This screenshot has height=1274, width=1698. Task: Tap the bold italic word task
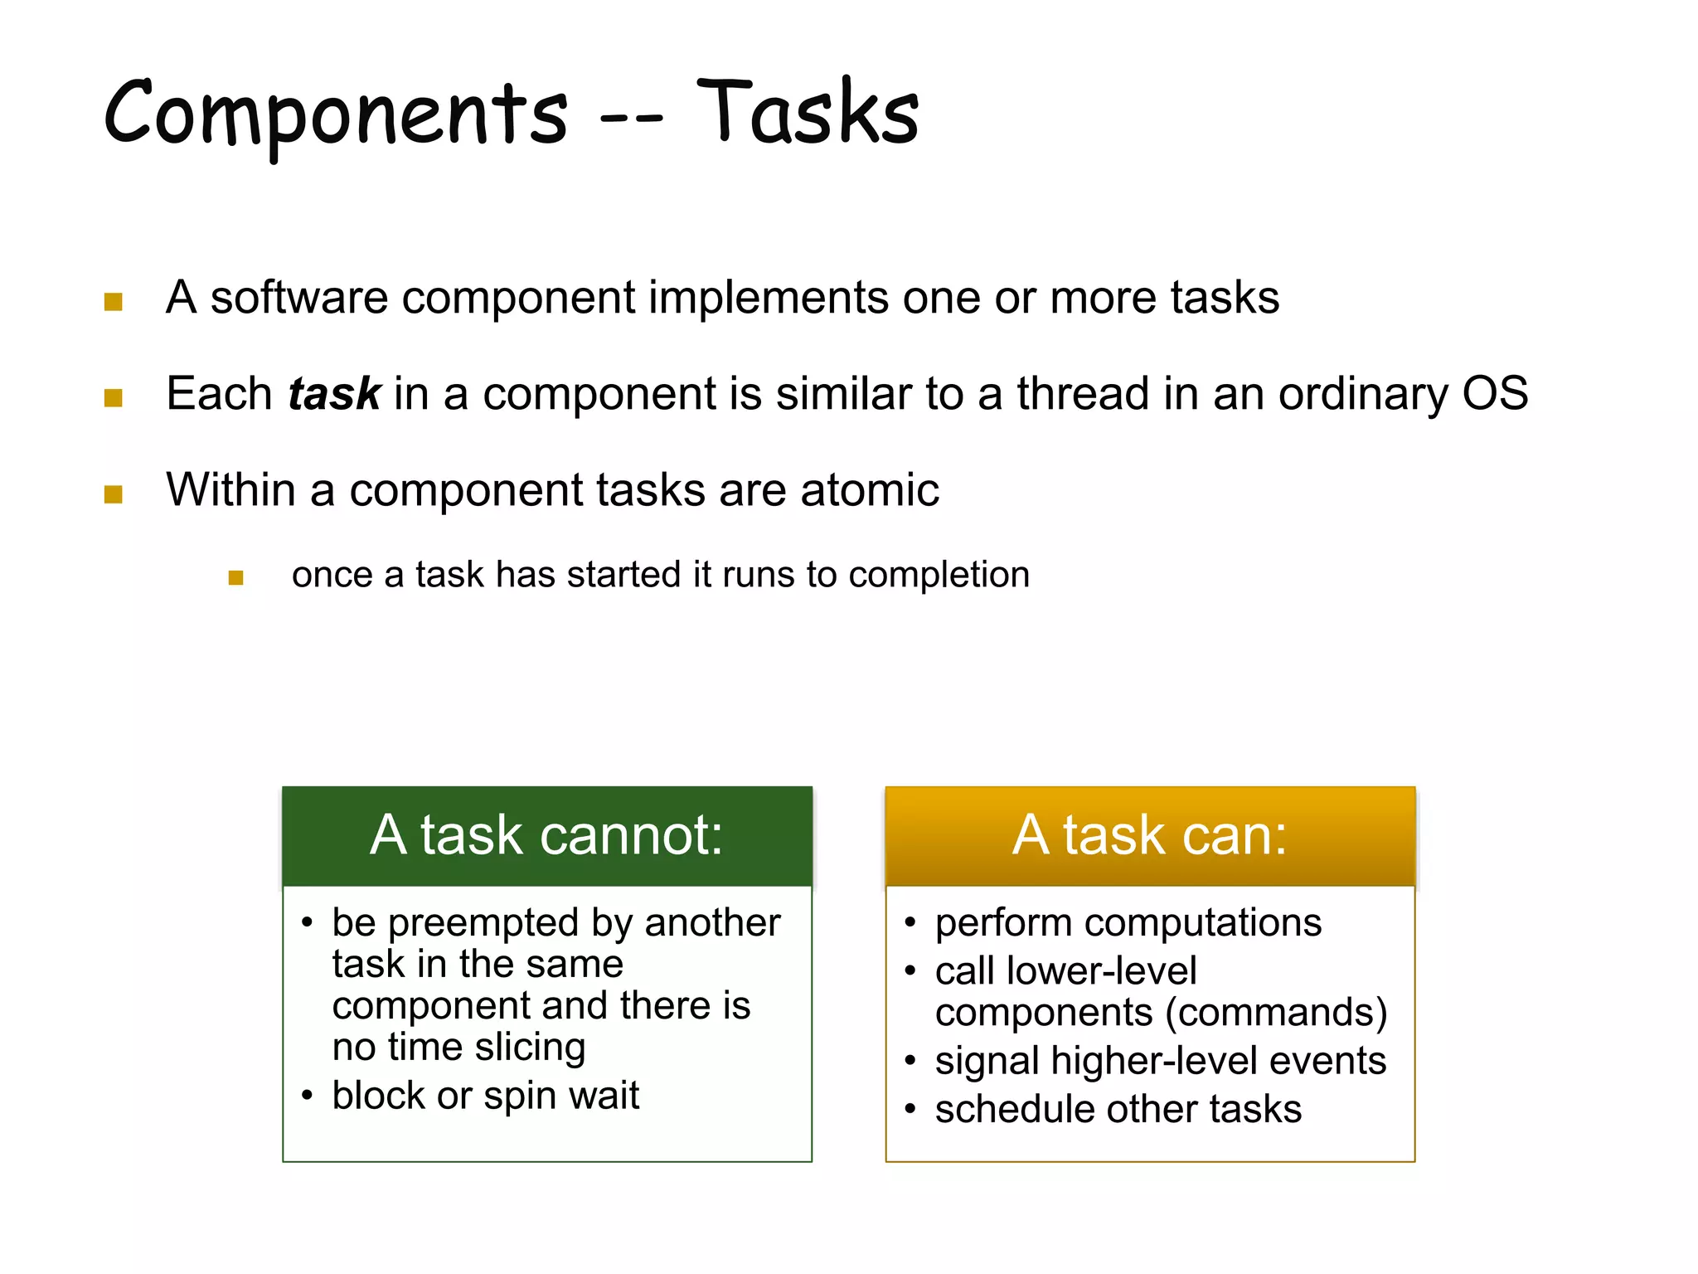[334, 393]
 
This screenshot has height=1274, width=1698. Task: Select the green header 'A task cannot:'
[546, 835]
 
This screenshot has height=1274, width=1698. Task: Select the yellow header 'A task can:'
[1149, 835]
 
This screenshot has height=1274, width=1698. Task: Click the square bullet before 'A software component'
[114, 301]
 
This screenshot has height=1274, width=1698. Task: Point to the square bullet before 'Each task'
[114, 397]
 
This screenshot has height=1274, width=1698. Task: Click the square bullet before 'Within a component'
[114, 494]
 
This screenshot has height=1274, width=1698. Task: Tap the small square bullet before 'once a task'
[235, 577]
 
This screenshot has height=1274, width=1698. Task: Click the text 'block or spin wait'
[485, 1095]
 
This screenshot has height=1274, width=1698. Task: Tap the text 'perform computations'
[1128, 922]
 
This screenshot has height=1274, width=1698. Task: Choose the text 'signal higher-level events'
[1160, 1060]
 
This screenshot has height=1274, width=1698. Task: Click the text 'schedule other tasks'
[1118, 1109]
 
